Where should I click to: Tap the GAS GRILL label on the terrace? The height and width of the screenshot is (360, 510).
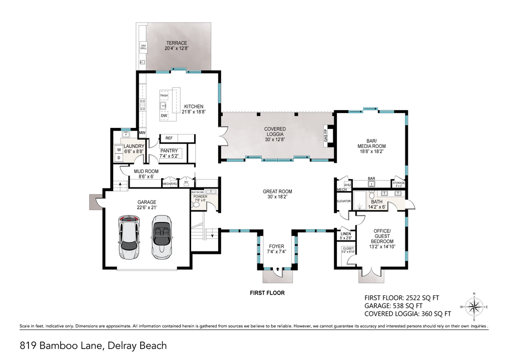click(x=143, y=47)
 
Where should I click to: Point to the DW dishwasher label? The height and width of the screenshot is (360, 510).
click(x=164, y=116)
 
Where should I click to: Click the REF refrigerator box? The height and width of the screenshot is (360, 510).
click(x=169, y=138)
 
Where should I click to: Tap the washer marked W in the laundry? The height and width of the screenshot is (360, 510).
click(x=119, y=149)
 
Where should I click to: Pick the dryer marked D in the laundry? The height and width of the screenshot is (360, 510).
click(x=119, y=158)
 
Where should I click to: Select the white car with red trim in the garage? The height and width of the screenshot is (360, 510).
click(x=130, y=236)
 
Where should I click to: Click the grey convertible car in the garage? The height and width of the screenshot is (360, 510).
click(x=161, y=236)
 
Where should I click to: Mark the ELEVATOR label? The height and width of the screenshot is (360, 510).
click(x=343, y=201)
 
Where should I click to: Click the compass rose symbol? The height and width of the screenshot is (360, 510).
click(x=474, y=306)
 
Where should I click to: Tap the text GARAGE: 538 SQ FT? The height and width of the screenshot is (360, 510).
click(x=393, y=305)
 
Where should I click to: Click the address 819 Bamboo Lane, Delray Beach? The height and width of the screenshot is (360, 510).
click(x=93, y=345)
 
